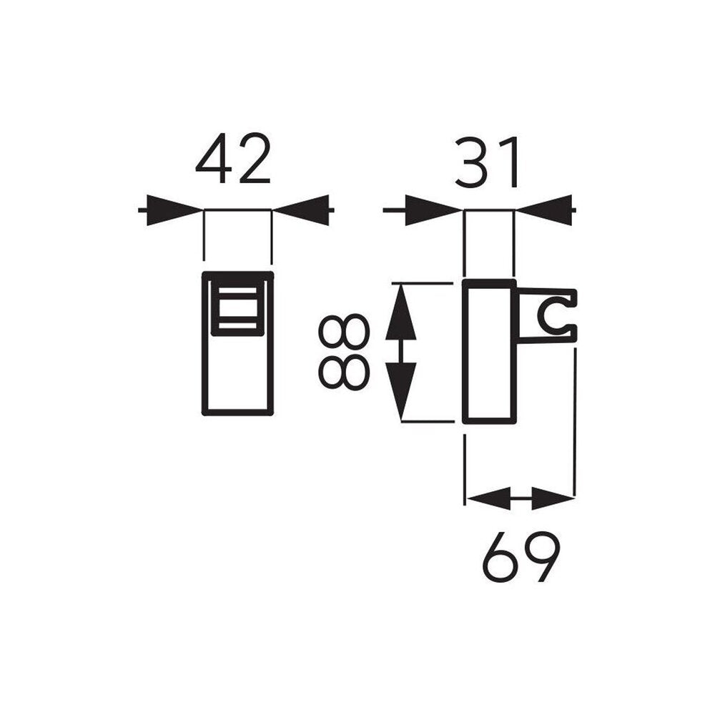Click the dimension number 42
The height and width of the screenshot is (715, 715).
click(233, 159)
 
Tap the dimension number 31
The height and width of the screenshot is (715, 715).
click(488, 162)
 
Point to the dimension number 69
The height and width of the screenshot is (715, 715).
click(521, 557)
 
